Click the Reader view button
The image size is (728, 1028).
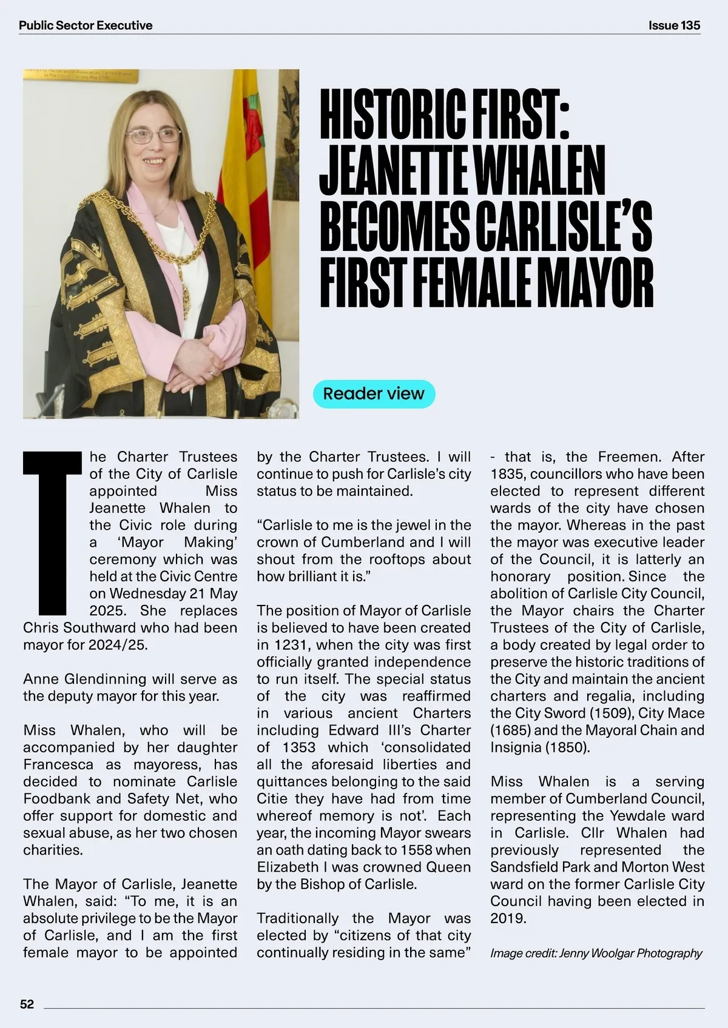click(x=374, y=393)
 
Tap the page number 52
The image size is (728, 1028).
click(x=27, y=1004)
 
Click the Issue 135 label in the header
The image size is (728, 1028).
click(x=674, y=25)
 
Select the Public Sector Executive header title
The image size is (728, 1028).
click(x=86, y=25)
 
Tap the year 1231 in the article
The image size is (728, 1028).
click(x=293, y=645)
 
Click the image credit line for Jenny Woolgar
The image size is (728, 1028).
click(x=596, y=953)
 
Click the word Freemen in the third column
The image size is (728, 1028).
click(x=624, y=456)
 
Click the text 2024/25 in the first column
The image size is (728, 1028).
click(x=117, y=644)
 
